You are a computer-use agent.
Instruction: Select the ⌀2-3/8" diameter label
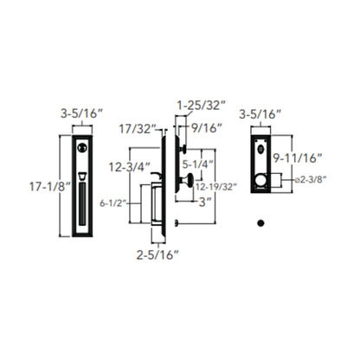pos(308,180)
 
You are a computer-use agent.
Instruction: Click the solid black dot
pos(258,223)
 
